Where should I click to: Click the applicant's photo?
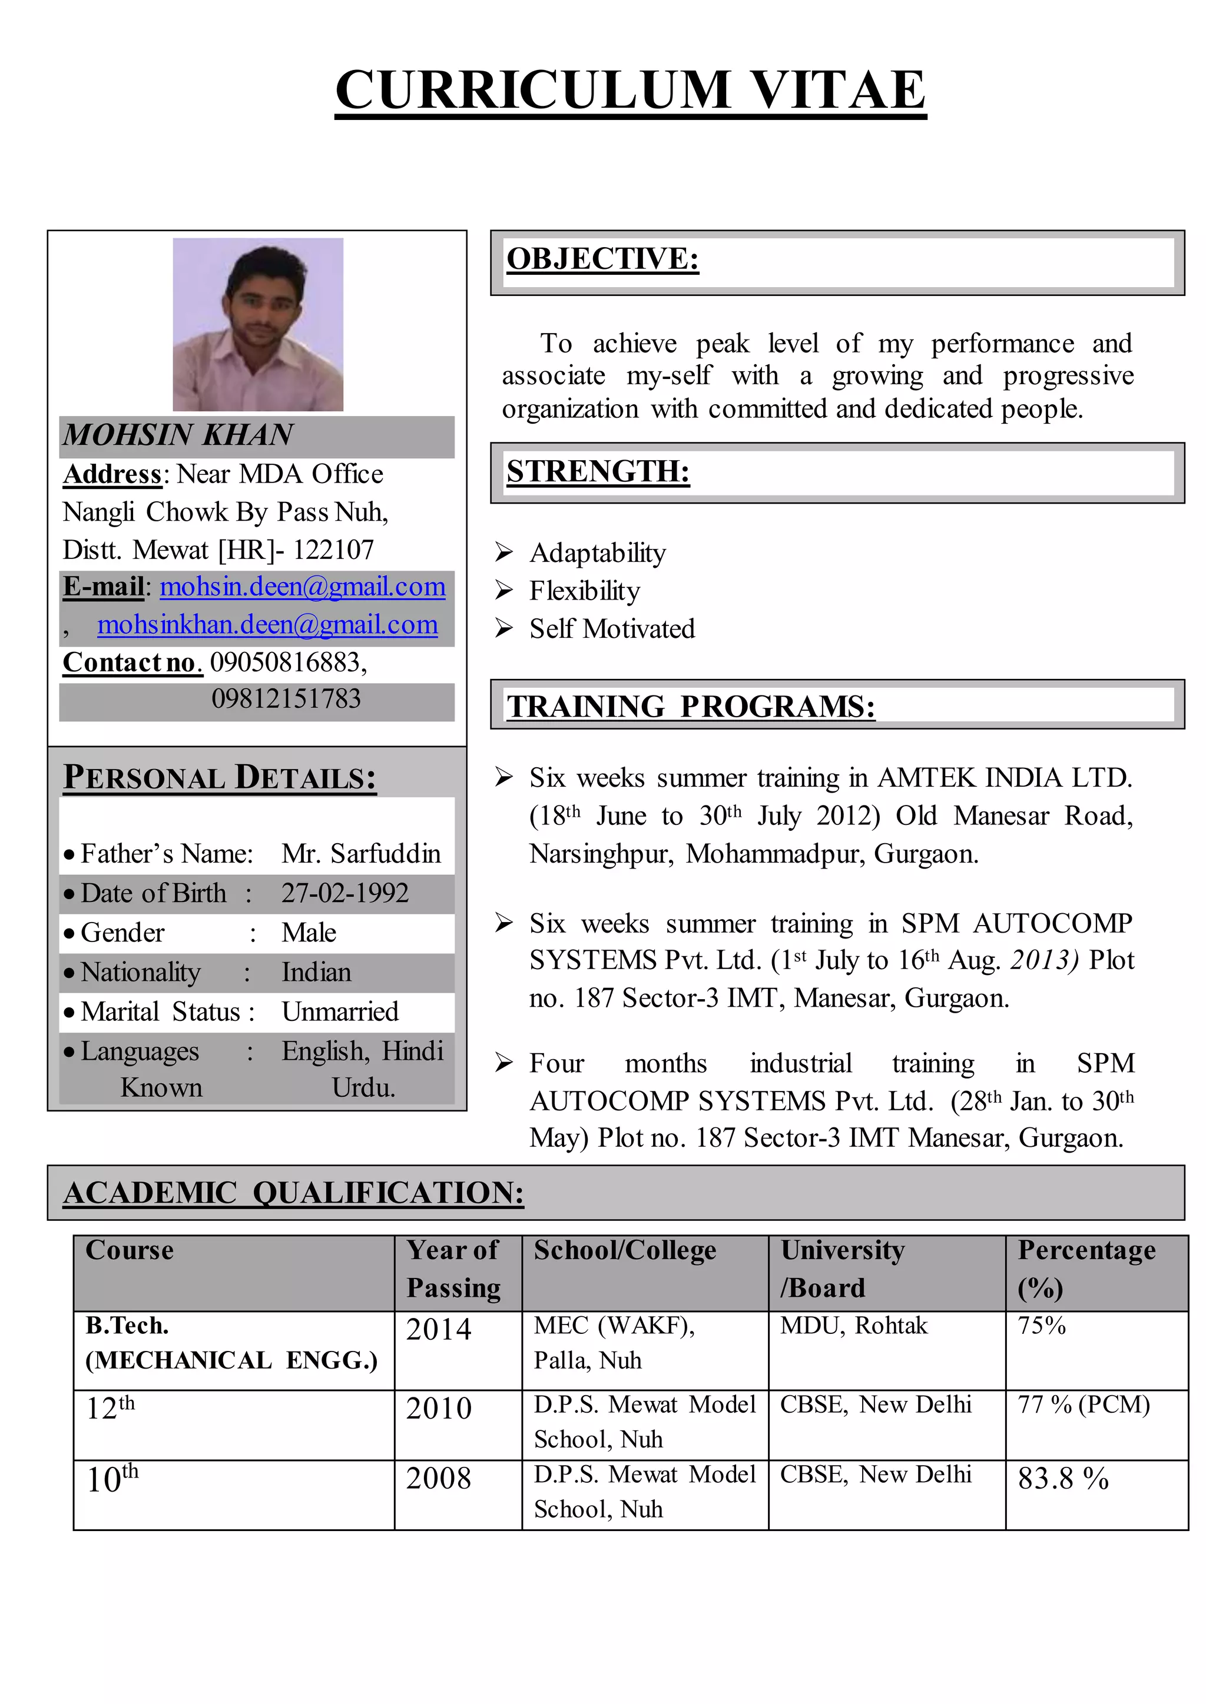pyautogui.click(x=258, y=324)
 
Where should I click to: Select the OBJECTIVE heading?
pyautogui.click(x=602, y=259)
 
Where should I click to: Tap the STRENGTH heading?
pyautogui.click(x=598, y=471)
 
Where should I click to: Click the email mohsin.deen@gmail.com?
pyautogui.click(x=302, y=587)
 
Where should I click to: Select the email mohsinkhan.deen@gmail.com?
pyautogui.click(x=267, y=625)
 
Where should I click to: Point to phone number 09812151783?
pyautogui.click(x=286, y=699)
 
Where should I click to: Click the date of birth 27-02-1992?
pyautogui.click(x=344, y=893)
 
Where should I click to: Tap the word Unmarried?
pyautogui.click(x=340, y=1011)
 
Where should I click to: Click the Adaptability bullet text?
pyautogui.click(x=597, y=553)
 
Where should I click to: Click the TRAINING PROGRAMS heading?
pyautogui.click(x=690, y=707)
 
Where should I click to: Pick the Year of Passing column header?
pyautogui.click(x=454, y=1269)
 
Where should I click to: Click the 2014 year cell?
pyautogui.click(x=438, y=1329)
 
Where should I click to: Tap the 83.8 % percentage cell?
pyautogui.click(x=1063, y=1479)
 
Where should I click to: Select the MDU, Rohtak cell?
pyautogui.click(x=853, y=1326)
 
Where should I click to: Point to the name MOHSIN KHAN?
pyautogui.click(x=178, y=435)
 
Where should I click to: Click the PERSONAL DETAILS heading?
pyautogui.click(x=219, y=777)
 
